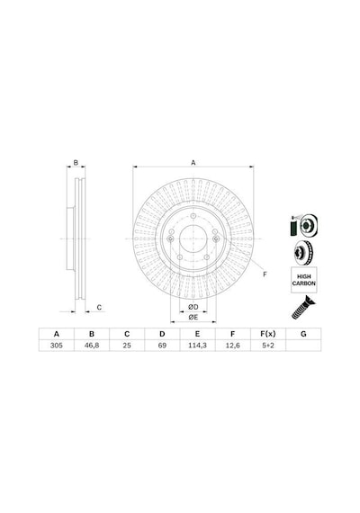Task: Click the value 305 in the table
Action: [57, 346]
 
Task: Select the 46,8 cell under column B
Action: [92, 346]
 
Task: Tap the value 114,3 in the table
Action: [197, 346]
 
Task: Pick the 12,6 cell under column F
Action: [233, 346]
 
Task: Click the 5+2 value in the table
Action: [267, 346]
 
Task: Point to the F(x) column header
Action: [267, 334]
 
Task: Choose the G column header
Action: [303, 334]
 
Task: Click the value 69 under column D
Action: [162, 346]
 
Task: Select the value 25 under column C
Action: [127, 346]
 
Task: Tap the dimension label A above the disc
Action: [193, 163]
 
